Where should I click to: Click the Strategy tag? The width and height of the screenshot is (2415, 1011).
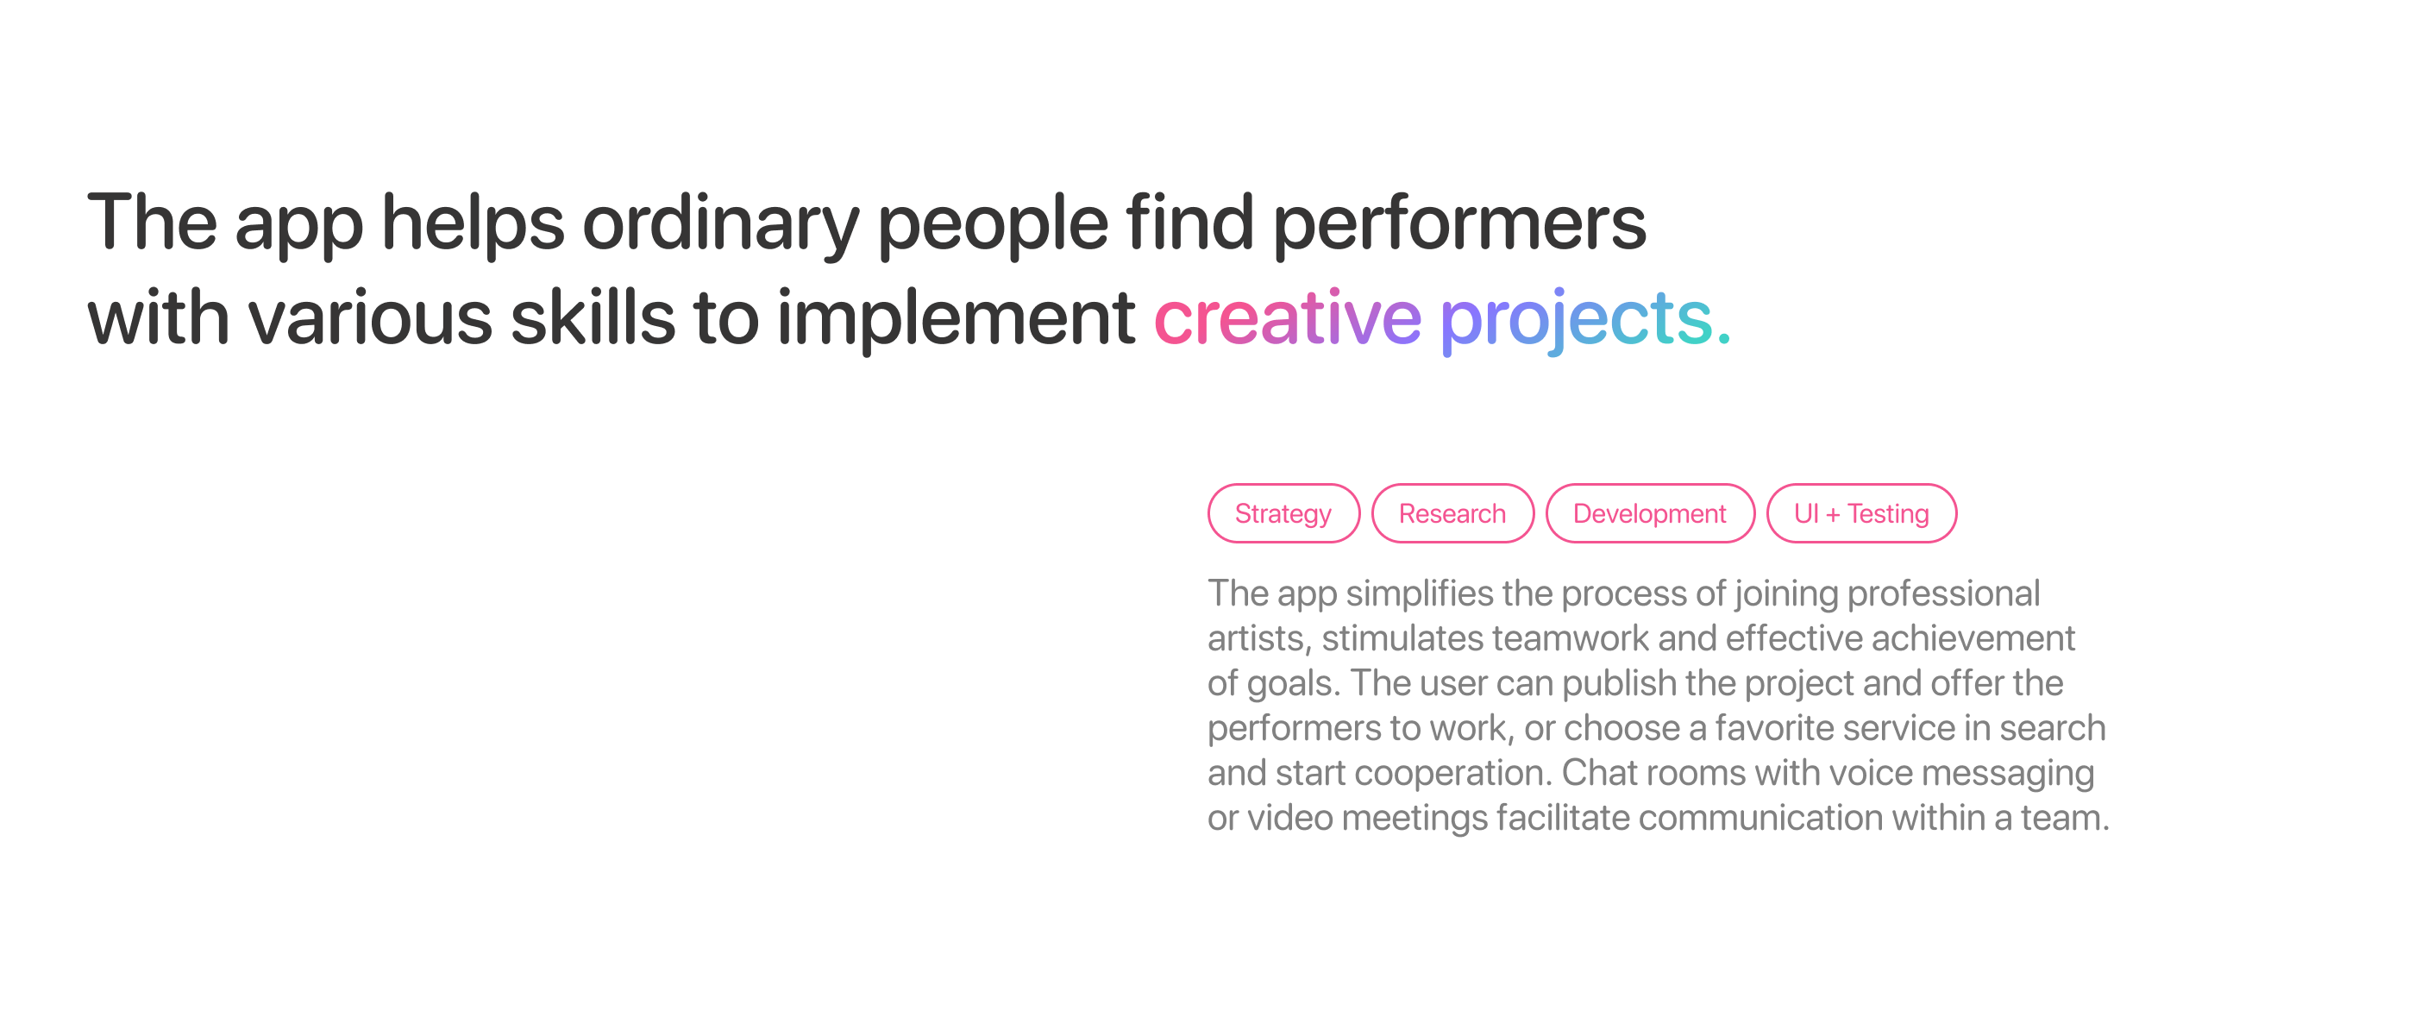(x=1283, y=513)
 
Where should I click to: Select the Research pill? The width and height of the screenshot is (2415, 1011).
(x=1452, y=513)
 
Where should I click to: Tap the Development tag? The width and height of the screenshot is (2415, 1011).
(x=1650, y=513)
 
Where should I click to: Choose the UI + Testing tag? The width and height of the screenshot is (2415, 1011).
(x=1862, y=513)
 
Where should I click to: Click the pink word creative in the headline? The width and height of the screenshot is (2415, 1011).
(x=1287, y=318)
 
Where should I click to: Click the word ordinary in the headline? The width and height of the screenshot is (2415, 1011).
(x=720, y=225)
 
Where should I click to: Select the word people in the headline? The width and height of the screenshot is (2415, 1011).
(x=993, y=225)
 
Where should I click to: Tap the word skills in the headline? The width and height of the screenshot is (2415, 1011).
(x=593, y=316)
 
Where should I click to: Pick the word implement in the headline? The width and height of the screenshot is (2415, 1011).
(x=957, y=320)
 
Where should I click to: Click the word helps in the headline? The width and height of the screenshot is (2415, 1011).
(x=473, y=225)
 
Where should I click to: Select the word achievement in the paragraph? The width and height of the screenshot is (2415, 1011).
(x=1973, y=638)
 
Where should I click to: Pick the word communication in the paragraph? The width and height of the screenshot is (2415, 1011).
(x=1760, y=819)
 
